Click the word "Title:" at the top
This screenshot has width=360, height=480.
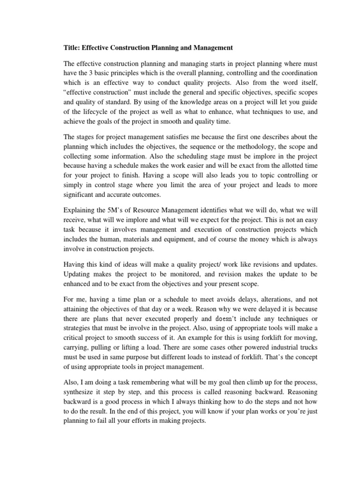pos(73,48)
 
